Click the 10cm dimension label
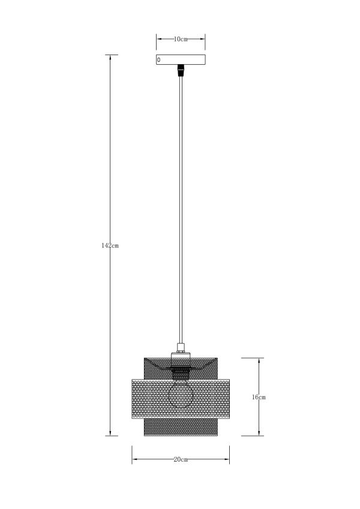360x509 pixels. (x=181, y=40)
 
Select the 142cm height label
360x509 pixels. (x=110, y=245)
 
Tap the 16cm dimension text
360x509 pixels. (x=259, y=397)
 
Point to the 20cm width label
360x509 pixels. (x=181, y=460)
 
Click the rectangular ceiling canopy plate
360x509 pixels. (x=181, y=60)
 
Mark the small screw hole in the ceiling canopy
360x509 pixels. (x=159, y=60)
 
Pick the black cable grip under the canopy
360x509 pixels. (x=181, y=71)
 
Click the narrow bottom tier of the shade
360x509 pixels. (x=181, y=427)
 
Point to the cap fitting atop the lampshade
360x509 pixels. (x=181, y=347)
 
